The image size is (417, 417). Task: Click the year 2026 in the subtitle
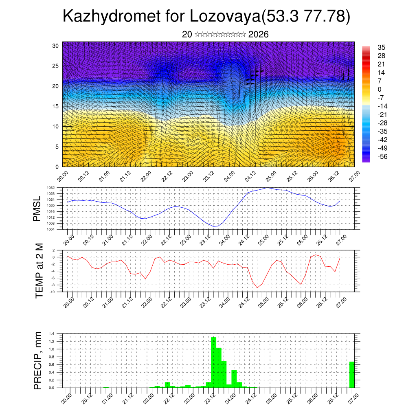pos(258,35)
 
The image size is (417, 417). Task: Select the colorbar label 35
pos(382,47)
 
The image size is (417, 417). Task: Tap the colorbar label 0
pos(380,89)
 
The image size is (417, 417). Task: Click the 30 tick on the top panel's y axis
pos(56,46)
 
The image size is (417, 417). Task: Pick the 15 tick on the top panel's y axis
pos(56,106)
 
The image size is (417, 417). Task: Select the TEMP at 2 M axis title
pos(39,271)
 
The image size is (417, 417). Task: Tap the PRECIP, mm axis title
pos(38,360)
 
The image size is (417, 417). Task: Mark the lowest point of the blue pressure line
pos(215,226)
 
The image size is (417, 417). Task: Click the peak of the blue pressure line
pos(267,188)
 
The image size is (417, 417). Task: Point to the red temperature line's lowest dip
pos(257,288)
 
